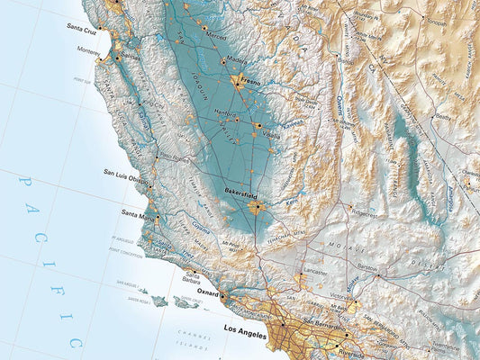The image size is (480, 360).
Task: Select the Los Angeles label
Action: point(246,329)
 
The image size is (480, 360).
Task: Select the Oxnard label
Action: point(206,292)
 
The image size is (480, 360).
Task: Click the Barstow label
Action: point(367,267)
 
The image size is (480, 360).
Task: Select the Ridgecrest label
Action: point(366,214)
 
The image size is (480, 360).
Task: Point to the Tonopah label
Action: point(436,22)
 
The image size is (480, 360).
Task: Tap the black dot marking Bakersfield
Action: point(256,205)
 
